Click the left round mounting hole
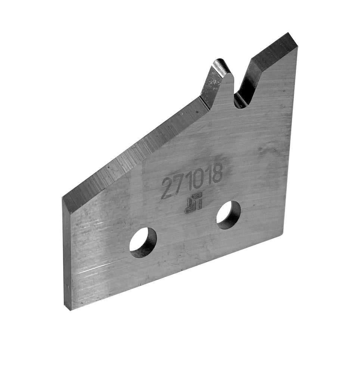click(x=143, y=242)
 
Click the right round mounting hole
click(x=229, y=215)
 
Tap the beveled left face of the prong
click(x=211, y=84)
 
